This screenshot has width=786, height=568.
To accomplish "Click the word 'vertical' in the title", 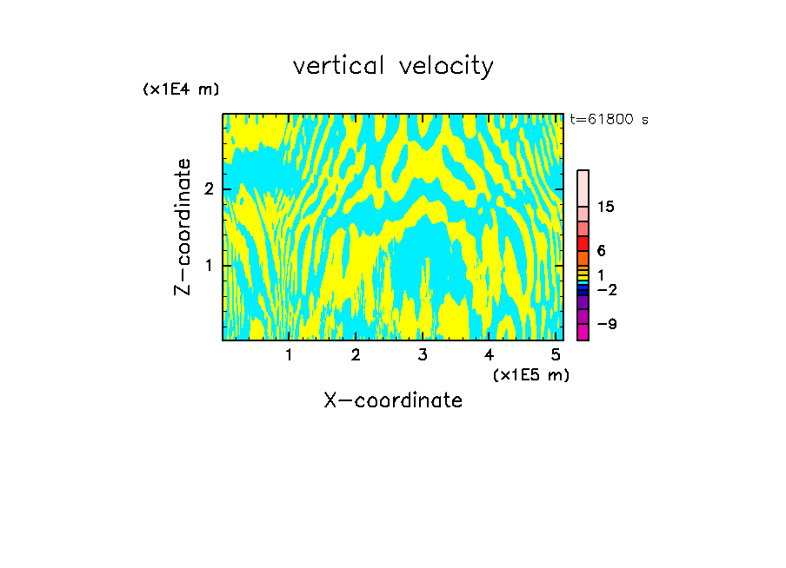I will coord(340,66).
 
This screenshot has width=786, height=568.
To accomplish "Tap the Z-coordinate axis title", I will coord(183,227).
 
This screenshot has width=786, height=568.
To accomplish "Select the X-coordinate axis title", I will coord(393,400).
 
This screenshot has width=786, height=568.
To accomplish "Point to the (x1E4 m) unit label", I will coord(181,89).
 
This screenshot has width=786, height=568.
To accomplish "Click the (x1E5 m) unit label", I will coord(530,374).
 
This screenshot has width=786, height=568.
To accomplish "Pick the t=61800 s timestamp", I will coord(609,120).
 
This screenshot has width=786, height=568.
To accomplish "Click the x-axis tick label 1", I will coord(289,354).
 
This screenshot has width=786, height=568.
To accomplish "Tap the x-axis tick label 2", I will coord(356,354).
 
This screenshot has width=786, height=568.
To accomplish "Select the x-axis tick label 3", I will coord(422,354).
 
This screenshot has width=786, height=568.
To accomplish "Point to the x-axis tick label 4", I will coord(489,354).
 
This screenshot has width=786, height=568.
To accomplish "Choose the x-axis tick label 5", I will coord(556,354).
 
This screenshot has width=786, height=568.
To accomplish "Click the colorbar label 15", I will coord(606,207).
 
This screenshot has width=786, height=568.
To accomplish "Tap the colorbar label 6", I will coord(601,251).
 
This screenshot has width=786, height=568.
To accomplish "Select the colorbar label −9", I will coord(606,324).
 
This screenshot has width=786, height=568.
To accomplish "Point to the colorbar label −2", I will coord(606,289).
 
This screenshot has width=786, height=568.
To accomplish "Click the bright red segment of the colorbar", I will coord(583,243).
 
